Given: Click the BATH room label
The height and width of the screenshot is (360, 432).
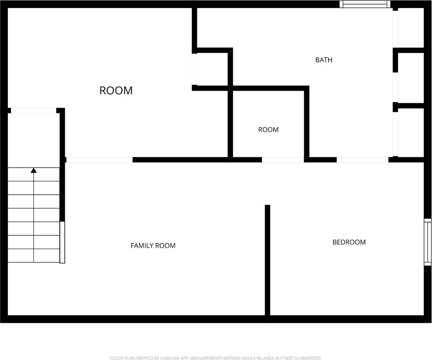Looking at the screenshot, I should (324, 60).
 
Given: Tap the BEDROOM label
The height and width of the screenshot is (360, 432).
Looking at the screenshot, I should (349, 242).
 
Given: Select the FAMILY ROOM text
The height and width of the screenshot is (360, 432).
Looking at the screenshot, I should (153, 245).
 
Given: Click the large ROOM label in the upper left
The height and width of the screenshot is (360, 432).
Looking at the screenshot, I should (116, 90).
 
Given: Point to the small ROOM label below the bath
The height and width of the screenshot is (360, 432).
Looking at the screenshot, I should (268, 129).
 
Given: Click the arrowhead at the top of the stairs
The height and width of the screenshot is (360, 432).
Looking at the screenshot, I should (33, 170).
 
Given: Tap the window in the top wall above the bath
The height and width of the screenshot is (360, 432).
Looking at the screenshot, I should (365, 4).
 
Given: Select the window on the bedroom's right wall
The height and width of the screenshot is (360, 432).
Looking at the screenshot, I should (428, 242).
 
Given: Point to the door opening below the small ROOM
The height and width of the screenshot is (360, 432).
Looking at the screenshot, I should (283, 160).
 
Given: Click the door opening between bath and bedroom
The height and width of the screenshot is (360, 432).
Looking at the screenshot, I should (362, 160).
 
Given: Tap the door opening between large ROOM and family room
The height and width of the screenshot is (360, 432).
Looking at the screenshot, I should (99, 160).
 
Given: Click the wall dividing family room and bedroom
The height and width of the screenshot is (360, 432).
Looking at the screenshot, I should (267, 260).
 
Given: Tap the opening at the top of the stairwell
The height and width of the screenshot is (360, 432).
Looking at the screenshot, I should (33, 110).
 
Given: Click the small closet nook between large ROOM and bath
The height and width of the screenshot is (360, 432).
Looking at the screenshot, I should (212, 69).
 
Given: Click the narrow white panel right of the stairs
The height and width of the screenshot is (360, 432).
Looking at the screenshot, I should (62, 242).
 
